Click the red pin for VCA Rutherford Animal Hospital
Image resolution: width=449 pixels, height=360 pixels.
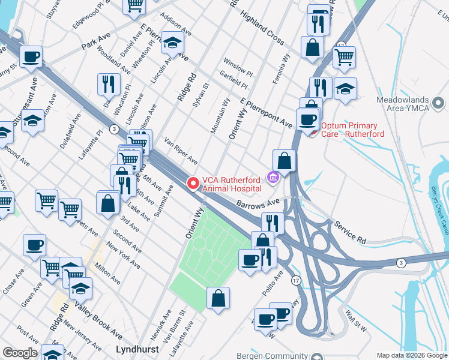point(193,183)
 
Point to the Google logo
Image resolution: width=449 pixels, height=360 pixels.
point(20,353)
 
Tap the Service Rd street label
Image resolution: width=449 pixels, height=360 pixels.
point(351,232)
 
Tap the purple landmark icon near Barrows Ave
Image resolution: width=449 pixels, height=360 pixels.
point(273,178)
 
